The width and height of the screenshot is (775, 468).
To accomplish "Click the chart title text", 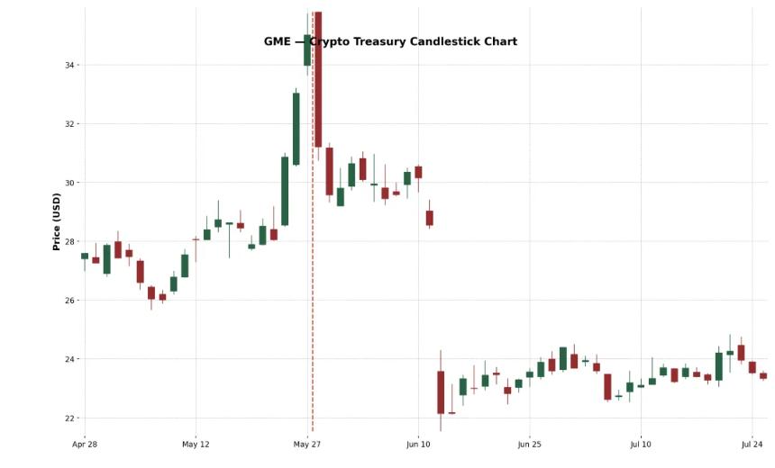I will [x=390, y=41].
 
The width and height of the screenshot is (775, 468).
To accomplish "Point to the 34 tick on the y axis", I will [x=71, y=65].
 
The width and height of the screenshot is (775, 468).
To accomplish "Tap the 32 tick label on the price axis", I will [x=71, y=124].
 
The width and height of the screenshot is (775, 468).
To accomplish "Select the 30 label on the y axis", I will [x=71, y=183].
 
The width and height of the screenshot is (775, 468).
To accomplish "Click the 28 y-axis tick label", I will [x=71, y=241].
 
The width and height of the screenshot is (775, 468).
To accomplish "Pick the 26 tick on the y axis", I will [x=71, y=301].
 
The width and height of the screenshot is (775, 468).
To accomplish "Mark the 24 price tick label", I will [x=71, y=359].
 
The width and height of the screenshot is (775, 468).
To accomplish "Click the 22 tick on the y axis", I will [x=71, y=418].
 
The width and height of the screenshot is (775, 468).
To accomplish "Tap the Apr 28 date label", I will [x=85, y=444].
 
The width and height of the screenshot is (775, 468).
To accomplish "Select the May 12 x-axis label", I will [x=196, y=444].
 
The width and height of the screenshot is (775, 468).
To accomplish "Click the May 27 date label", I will [x=307, y=444].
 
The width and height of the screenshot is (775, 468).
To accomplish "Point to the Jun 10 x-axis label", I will [x=418, y=444].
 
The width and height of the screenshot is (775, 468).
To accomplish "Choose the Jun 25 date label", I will [x=530, y=444].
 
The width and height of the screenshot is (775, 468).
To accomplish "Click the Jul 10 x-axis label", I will [x=641, y=444].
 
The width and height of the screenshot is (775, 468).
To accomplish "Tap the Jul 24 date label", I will [x=752, y=444].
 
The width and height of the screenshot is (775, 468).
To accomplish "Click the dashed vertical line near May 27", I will [x=313, y=270].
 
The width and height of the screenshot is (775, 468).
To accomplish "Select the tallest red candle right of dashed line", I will [x=318, y=81].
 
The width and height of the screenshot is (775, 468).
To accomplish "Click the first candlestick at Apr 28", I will [x=85, y=256].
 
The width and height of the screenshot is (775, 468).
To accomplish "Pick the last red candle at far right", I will [x=763, y=376].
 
